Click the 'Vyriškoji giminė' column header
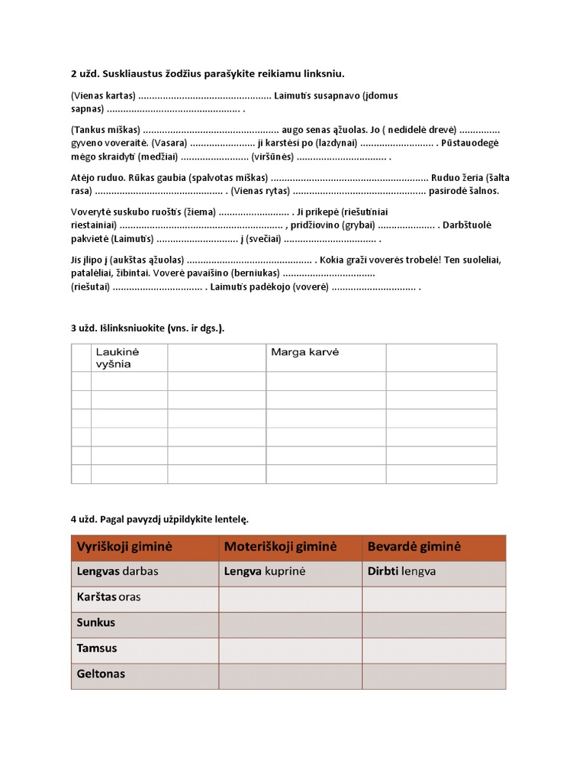125,547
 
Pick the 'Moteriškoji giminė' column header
281,547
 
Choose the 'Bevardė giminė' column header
414,547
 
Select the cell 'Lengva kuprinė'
264,570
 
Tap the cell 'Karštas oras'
109,596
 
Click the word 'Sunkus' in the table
96,622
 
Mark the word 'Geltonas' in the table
101,674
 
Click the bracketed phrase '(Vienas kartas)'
103,96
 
